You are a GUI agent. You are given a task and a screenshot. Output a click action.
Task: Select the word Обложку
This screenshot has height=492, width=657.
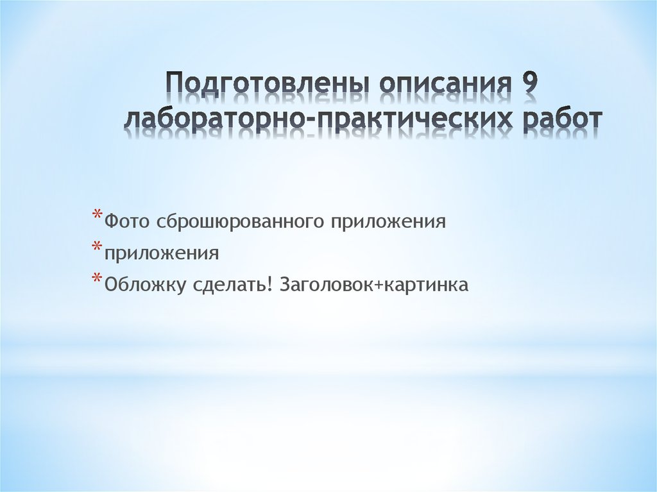[145, 285]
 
